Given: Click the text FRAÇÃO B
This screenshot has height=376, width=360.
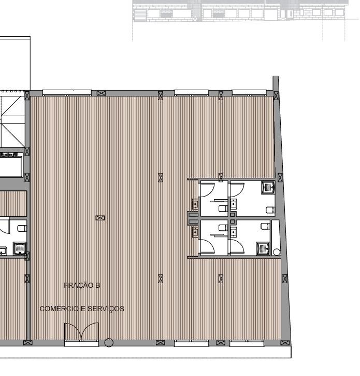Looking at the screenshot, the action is point(82,285).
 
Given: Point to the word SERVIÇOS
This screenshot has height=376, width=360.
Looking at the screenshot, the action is point(106,309).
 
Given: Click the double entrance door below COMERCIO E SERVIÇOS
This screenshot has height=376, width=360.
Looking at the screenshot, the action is point(81,331).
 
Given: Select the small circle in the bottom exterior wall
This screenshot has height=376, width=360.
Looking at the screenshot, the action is point(109,343).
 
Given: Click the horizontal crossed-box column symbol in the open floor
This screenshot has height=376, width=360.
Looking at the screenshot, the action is point(100,218).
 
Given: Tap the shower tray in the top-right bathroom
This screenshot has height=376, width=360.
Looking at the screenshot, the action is point(268,187).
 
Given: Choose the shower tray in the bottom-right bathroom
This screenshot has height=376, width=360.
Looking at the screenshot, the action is point(263,248).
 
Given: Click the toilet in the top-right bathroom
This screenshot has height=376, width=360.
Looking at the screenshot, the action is point(270,210).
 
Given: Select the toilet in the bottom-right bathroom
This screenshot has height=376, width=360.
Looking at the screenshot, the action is point(265,226).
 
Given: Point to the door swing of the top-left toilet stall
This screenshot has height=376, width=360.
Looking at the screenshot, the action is point(207,190).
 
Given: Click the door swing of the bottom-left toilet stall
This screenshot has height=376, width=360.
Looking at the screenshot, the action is point(207,246).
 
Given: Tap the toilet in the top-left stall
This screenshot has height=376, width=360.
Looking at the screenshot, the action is point(223,208).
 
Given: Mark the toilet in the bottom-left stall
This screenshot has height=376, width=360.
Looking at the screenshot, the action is point(223,228).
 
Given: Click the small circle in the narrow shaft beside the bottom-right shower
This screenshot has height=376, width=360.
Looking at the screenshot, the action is point(277,252).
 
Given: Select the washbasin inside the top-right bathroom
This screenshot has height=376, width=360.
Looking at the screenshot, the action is point(233,204).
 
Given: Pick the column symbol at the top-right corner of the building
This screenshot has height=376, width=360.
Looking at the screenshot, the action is point(276,95).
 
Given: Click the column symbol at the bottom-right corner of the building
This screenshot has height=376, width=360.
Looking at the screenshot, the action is point(285,343).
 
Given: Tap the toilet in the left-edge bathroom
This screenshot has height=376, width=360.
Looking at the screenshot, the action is point(22,228).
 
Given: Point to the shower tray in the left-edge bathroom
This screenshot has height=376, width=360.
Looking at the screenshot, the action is point(20,248).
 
